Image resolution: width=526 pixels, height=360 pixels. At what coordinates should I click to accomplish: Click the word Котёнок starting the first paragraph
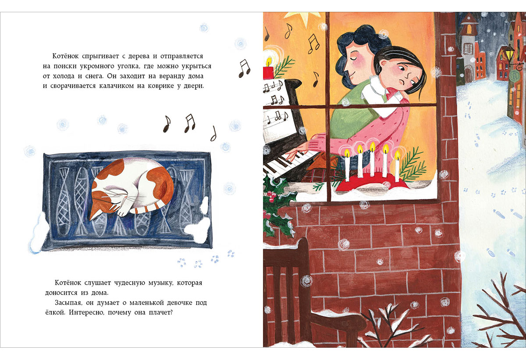[x=65, y=56]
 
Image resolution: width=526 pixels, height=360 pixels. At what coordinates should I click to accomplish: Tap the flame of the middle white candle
[x=373, y=146]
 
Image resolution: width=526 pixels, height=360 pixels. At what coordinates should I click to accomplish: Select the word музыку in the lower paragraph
[x=160, y=283]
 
